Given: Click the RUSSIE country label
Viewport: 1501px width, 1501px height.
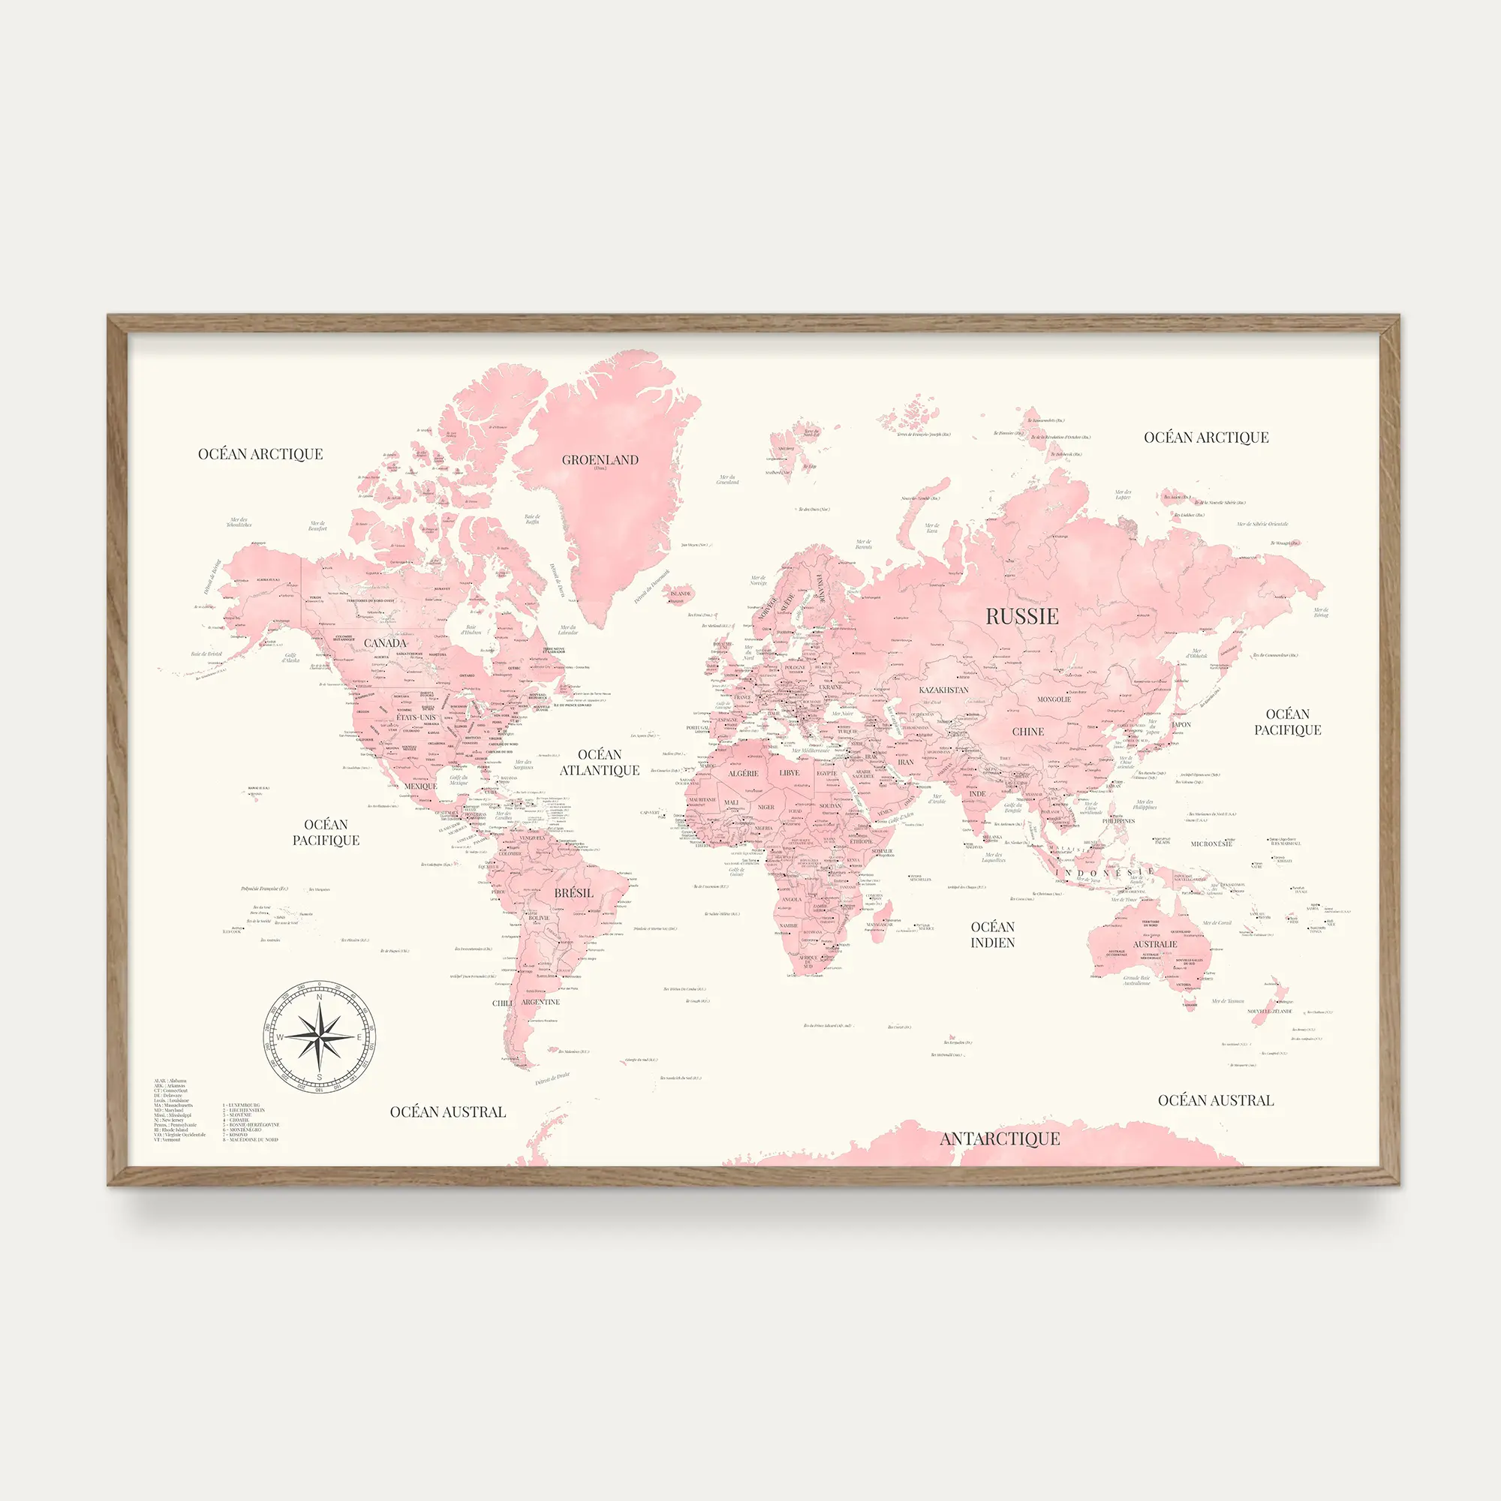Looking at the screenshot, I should (1021, 617).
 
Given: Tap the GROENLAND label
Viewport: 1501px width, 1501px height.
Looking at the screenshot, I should (600, 460).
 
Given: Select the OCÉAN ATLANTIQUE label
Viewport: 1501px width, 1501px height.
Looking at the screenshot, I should (600, 763).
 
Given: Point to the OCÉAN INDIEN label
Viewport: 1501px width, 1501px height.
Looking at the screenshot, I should (992, 934).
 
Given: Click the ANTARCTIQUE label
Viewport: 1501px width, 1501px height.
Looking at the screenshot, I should (999, 1139).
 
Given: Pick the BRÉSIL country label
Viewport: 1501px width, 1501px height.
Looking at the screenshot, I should (573, 893).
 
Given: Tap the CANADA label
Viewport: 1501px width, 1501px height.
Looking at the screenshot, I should (384, 643).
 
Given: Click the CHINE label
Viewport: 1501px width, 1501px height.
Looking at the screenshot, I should (1028, 732).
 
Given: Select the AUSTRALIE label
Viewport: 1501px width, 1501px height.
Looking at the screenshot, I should (1154, 945).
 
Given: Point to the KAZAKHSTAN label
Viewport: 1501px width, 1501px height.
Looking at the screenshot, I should (943, 690).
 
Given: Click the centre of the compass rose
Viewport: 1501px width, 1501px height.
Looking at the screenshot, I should (319, 1036).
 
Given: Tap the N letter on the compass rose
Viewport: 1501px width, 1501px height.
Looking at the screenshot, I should (318, 997).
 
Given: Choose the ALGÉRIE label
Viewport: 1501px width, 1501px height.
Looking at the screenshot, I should (743, 774).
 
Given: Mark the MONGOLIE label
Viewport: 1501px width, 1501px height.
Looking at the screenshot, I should (1054, 699).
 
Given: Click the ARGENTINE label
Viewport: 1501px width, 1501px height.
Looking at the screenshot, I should (540, 1002).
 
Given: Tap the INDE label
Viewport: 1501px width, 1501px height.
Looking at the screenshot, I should (977, 794).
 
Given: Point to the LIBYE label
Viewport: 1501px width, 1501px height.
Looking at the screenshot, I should (790, 773).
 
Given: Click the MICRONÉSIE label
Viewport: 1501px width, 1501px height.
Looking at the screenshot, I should (1211, 844).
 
